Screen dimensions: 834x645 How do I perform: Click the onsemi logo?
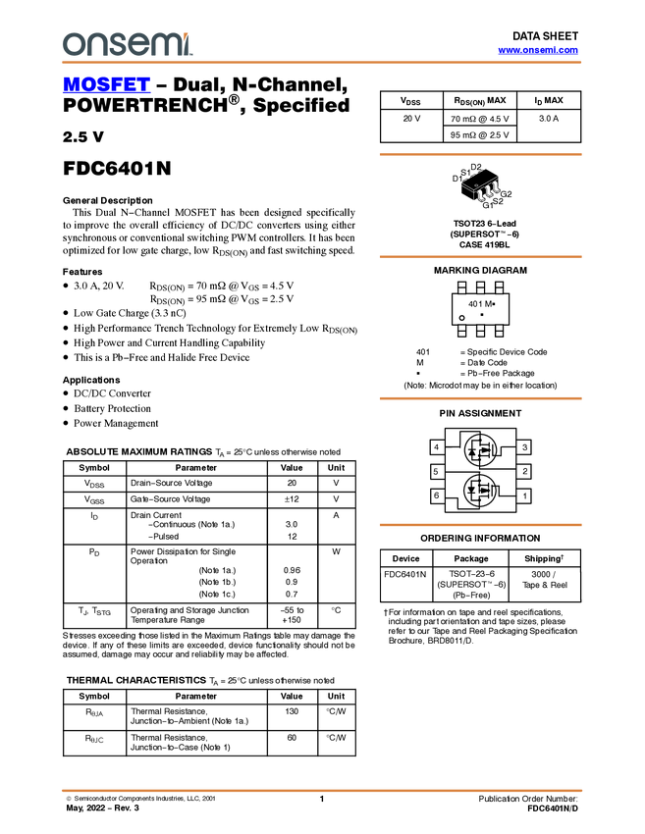coord(127,44)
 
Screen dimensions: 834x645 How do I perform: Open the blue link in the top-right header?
coord(538,50)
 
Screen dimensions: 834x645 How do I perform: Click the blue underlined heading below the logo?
coord(106,85)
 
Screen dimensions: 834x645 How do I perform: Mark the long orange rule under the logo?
coord(321,63)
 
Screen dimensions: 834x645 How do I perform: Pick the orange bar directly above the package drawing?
coord(480,154)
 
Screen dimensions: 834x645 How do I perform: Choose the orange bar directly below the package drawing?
coord(480,257)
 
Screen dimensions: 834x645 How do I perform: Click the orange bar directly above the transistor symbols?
coord(480,398)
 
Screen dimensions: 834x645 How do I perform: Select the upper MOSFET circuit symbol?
coord(480,450)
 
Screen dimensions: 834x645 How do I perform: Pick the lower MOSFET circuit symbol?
coord(480,490)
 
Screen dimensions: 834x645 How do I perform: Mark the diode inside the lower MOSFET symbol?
coord(473,490)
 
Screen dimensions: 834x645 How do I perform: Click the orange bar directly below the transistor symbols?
coord(480,525)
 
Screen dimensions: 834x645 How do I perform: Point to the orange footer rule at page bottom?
coord(321,790)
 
